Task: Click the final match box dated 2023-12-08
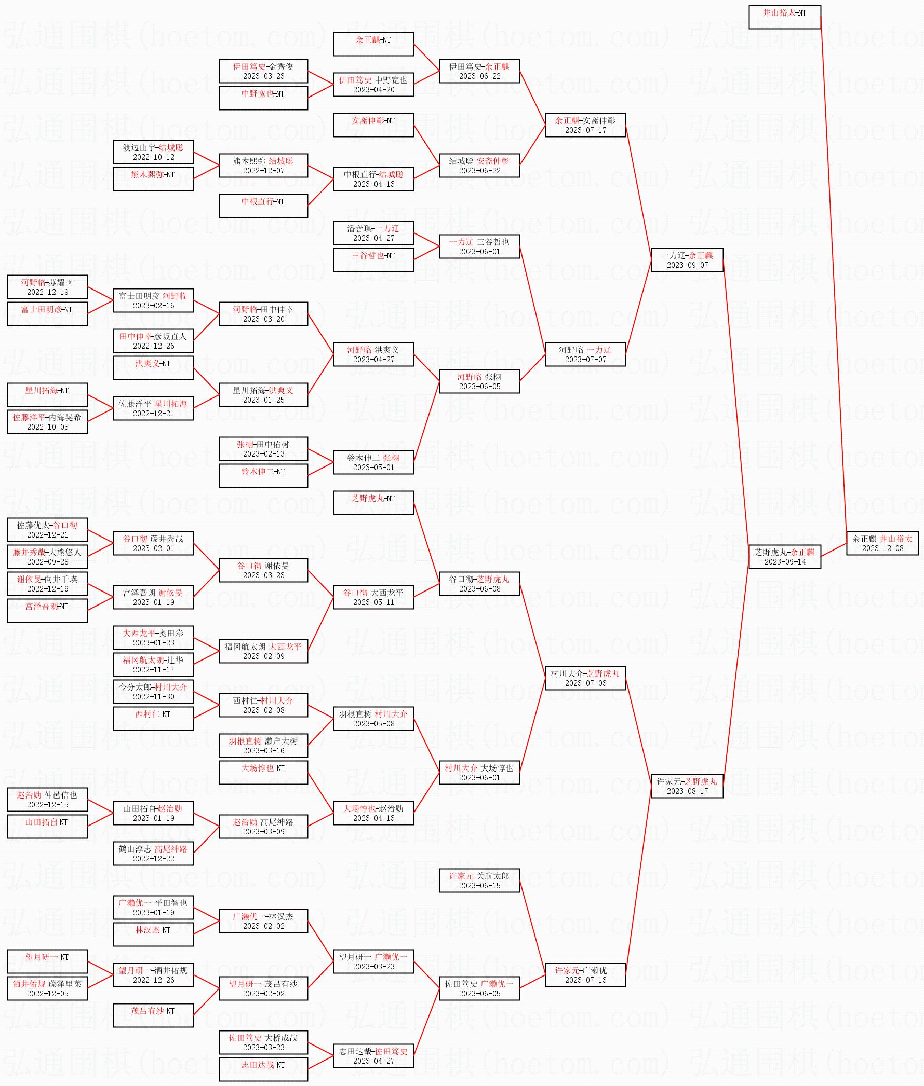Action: coord(882,543)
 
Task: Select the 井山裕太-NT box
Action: coord(784,17)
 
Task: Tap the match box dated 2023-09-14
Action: coord(784,556)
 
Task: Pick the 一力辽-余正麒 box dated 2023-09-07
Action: coord(687,259)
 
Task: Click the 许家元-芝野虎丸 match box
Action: coord(687,786)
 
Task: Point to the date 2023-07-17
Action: coord(585,130)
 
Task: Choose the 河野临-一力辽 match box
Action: coord(585,354)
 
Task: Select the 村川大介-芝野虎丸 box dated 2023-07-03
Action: coord(585,678)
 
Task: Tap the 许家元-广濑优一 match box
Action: coord(585,974)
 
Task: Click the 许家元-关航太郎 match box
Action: coord(479,881)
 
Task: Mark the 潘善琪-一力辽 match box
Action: coord(373,233)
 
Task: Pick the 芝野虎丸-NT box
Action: coord(373,502)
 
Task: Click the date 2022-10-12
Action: coord(153,157)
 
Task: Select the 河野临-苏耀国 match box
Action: coord(47,287)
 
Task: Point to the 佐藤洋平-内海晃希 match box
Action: coord(47,422)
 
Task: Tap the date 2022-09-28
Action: coord(47,561)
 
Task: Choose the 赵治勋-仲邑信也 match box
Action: coord(47,799)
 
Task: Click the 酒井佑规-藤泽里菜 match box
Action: coord(47,988)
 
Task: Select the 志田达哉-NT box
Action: coord(263,1069)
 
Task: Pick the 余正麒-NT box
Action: coord(373,44)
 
